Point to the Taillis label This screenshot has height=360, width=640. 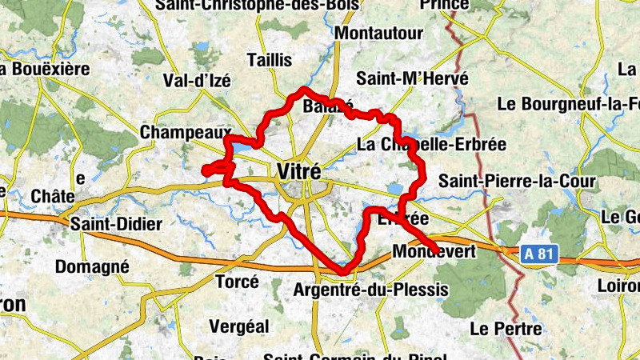coord(270,60)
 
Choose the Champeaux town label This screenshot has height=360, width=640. coord(185,133)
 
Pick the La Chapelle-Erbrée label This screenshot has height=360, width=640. coord(431,145)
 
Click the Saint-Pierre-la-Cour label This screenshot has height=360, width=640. coord(517,181)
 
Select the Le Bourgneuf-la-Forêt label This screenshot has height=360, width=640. coord(568,104)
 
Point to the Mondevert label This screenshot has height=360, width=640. coord(434,252)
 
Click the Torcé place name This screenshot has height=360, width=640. coord(237,282)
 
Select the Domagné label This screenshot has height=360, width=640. coord(93,266)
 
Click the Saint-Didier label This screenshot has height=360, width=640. coord(115,224)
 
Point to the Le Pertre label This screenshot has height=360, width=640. coord(506,328)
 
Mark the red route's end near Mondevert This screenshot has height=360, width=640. coord(433,246)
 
